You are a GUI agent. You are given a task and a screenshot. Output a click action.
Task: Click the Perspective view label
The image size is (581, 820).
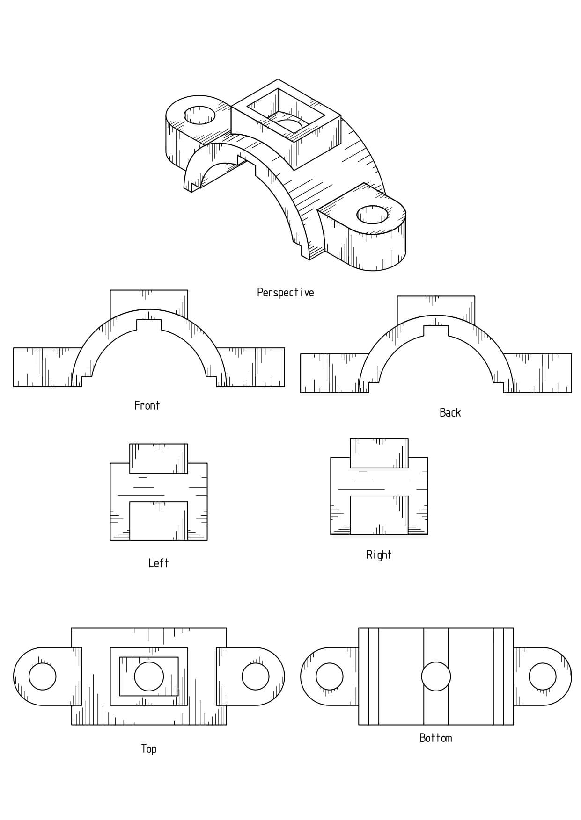(x=285, y=293)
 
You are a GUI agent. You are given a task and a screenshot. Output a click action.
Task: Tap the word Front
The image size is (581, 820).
(x=147, y=405)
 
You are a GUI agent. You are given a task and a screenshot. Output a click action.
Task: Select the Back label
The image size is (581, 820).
(x=450, y=412)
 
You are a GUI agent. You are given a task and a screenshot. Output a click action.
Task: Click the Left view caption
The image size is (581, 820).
(x=158, y=563)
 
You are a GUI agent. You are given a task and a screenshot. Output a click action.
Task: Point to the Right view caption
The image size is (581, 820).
(x=378, y=554)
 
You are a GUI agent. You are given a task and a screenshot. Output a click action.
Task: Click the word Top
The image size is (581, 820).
(x=149, y=748)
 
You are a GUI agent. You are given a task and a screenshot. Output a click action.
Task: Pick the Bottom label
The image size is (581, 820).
(x=435, y=738)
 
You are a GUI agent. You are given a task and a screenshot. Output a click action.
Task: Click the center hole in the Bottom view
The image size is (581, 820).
(x=436, y=676)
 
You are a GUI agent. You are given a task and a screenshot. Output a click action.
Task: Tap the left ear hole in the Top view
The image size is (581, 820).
(x=43, y=676)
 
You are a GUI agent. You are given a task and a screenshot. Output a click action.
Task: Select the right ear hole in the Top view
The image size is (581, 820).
(x=255, y=676)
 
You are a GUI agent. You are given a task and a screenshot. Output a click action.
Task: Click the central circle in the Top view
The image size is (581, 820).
(x=149, y=676)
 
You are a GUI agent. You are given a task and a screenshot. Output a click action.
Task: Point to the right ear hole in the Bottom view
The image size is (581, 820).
(x=542, y=676)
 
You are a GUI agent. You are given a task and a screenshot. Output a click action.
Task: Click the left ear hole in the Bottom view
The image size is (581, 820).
(x=330, y=676)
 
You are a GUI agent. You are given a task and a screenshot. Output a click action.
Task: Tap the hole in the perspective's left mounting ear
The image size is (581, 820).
(x=200, y=115)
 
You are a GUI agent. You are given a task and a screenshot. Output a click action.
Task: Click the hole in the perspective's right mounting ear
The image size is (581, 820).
(x=373, y=215)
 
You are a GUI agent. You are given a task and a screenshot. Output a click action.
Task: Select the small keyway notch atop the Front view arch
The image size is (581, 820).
(x=149, y=324)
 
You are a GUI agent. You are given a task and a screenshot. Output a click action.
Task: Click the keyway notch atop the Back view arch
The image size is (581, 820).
(x=436, y=330)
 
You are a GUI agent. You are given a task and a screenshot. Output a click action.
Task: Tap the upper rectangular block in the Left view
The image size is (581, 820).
(x=158, y=459)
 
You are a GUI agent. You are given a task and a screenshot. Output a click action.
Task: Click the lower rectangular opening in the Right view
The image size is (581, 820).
(x=379, y=515)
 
